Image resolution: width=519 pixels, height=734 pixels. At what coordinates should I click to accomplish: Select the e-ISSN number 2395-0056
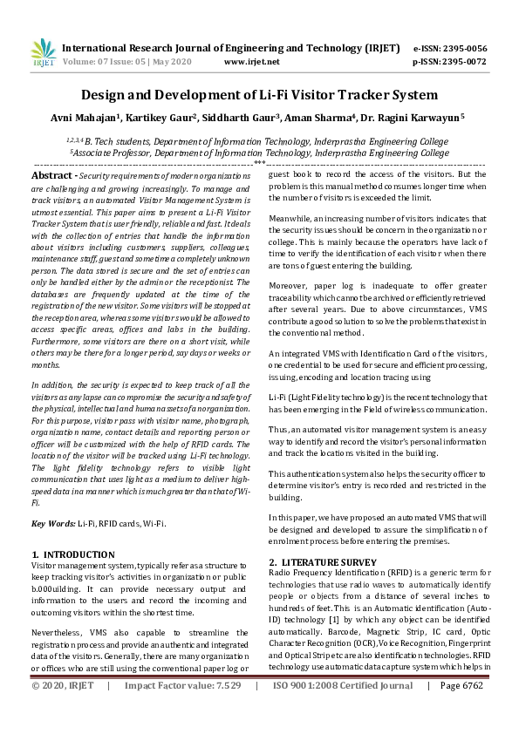coord(462,49)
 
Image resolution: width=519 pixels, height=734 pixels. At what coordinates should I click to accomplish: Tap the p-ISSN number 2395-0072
coord(462,62)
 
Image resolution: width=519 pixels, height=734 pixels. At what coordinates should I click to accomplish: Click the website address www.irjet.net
coord(252,62)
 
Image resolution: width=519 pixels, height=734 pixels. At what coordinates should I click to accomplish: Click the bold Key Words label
coord(51,523)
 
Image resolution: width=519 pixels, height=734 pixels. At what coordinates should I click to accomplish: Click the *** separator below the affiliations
coord(259,163)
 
